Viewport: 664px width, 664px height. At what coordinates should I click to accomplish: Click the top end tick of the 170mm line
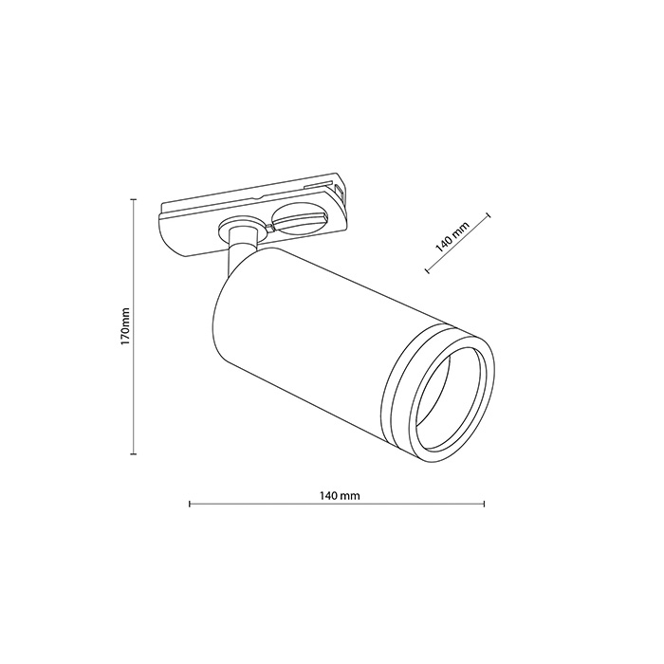point(132,200)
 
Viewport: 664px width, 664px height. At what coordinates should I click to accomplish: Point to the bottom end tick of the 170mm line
point(132,454)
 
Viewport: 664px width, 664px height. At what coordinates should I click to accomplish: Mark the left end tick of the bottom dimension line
point(191,504)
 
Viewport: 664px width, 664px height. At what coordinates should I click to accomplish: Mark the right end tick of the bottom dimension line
point(485,504)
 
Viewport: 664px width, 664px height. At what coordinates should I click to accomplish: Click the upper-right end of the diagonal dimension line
point(489,215)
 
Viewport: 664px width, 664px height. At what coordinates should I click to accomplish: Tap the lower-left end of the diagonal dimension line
point(428,272)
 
